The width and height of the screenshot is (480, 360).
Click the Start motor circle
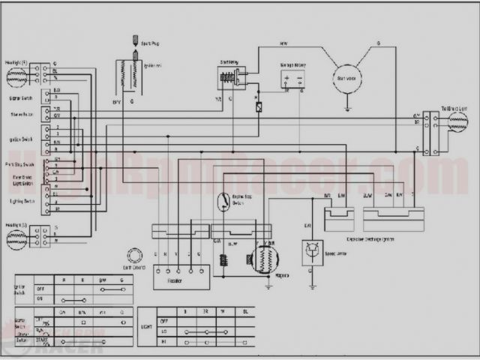(x=348, y=79)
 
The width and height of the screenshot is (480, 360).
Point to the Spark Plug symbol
(x=135, y=40)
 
